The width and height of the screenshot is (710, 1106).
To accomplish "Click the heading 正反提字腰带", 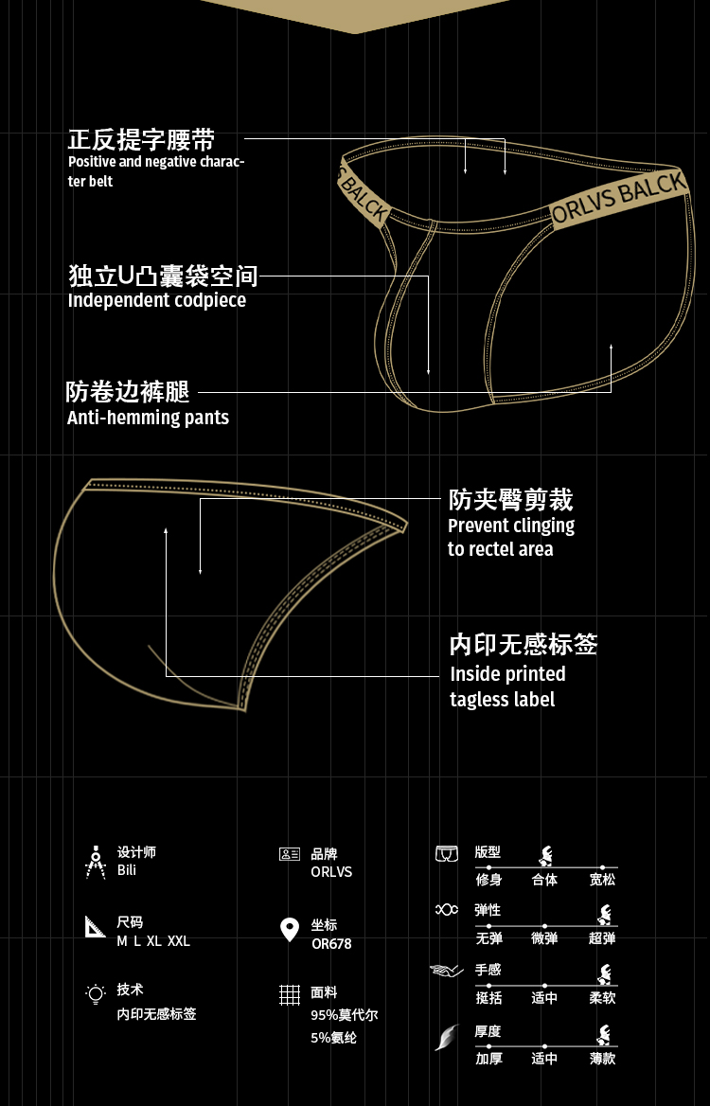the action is [141, 140].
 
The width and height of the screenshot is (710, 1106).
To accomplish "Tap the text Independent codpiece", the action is [157, 300].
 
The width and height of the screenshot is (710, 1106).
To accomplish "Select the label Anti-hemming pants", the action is [148, 418].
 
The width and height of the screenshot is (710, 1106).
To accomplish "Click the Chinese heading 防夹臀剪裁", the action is [510, 499].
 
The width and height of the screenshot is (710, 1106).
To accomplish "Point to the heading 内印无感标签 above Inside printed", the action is [524, 645].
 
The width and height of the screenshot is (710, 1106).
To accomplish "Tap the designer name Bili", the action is [127, 870].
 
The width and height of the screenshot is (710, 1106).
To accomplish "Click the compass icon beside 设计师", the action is [95, 861].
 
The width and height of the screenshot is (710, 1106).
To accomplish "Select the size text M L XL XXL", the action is [153, 941].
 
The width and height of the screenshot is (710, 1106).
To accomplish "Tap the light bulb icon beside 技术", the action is [95, 993].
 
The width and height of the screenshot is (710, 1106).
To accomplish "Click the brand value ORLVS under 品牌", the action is [331, 872].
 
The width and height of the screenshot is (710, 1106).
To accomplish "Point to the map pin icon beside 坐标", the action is [290, 930].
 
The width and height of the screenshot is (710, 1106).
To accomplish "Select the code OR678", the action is [331, 943].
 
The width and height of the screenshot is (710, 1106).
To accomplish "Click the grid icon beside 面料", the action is [290, 994].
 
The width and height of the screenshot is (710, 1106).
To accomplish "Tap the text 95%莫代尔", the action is [345, 1015].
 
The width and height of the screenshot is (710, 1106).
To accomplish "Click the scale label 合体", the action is [544, 880].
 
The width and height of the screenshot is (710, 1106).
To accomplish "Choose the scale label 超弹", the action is [602, 938].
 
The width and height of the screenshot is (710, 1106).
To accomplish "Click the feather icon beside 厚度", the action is [446, 1038].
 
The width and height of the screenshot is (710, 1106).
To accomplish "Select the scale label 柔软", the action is [602, 998].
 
